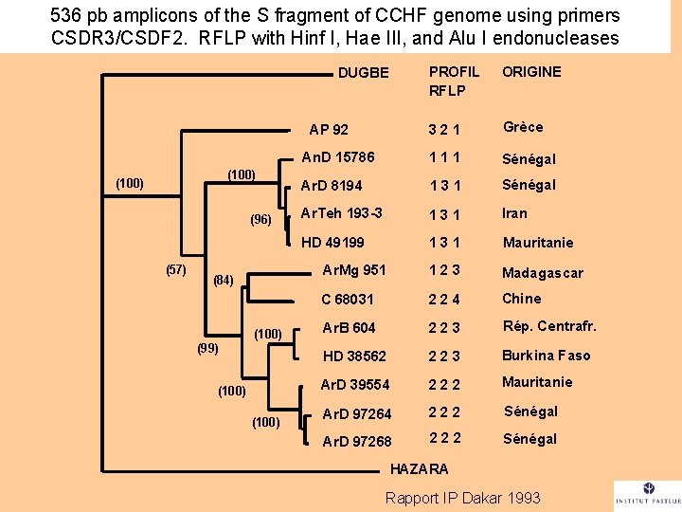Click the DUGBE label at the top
pos(364,73)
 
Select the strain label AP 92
pos(329,130)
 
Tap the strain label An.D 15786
pos(337,157)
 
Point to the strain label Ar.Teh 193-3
pos(341,212)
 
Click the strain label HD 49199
pos(332,242)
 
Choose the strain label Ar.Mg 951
pos(354,269)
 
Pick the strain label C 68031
pos(348,299)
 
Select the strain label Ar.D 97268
pos(356,441)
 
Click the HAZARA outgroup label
pos(421,468)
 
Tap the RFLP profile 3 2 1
pos(443,130)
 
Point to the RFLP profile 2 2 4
pos(443,300)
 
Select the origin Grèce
pos(523,127)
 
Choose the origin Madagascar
pos(542,273)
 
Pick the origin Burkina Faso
pos(546,356)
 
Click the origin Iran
pos(514,213)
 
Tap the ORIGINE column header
pos(531,72)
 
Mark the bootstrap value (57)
pos(176,269)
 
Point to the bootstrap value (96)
pos(260,220)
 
